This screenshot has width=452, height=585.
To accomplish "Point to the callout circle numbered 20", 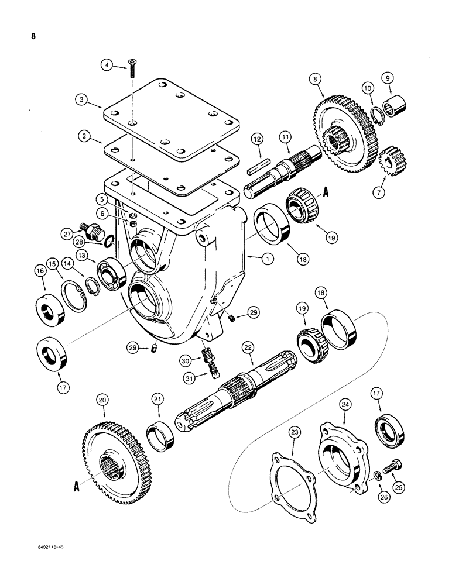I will [103, 400].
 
